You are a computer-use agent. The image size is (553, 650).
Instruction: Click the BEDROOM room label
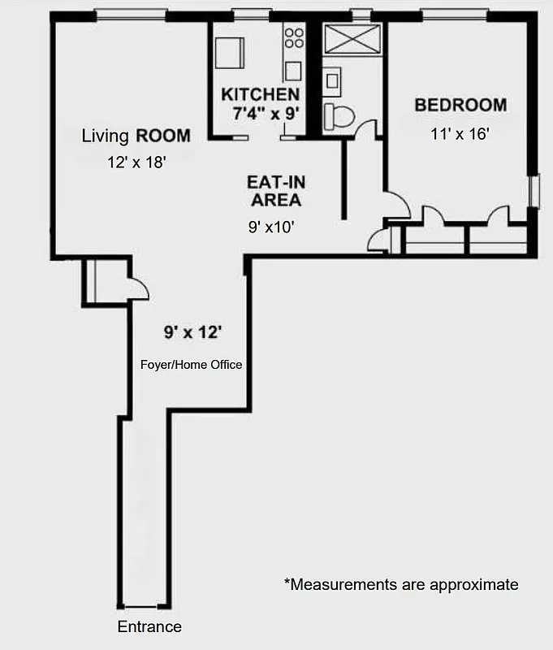(x=460, y=105)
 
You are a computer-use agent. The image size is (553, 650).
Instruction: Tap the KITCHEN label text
(x=260, y=94)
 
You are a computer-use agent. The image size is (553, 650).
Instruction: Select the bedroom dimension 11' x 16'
(x=460, y=134)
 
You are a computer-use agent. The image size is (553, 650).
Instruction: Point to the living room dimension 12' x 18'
(x=136, y=162)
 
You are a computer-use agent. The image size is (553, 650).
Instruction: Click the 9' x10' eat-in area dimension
(x=271, y=228)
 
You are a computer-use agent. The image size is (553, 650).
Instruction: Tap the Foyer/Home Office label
(x=192, y=365)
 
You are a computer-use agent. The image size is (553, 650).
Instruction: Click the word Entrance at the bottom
(x=149, y=626)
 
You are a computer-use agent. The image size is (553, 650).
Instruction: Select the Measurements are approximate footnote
(x=400, y=584)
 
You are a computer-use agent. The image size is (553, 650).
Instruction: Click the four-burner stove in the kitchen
(x=293, y=38)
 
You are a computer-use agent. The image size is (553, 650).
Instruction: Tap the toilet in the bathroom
(x=339, y=116)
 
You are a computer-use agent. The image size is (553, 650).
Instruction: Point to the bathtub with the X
(x=352, y=39)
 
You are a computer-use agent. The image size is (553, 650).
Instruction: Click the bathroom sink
(x=332, y=80)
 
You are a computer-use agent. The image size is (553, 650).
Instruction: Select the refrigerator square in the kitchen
(x=230, y=54)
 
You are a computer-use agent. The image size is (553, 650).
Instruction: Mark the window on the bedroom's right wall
(x=534, y=192)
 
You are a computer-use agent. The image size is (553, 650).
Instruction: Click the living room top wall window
(x=130, y=14)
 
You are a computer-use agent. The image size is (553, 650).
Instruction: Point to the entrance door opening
(x=144, y=606)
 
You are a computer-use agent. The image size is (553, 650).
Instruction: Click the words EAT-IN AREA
(x=277, y=191)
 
